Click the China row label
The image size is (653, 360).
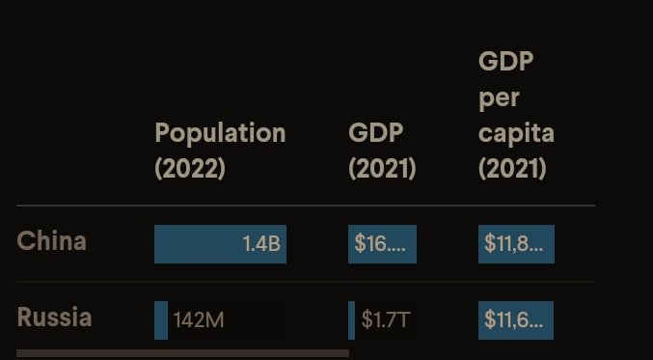pos(52,241)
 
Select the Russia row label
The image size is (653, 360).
pos(54,318)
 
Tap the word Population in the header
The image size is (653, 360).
pos(220,134)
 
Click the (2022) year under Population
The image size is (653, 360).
pos(190,169)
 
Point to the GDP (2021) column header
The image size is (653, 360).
pos(382,151)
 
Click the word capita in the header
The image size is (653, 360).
pos(516,134)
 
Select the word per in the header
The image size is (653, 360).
pos(499,98)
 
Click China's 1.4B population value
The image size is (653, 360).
pos(261,244)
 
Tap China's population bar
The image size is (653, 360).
pos(220,244)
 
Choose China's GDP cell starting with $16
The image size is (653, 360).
pos(382,244)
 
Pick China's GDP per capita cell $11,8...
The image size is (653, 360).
pos(516,244)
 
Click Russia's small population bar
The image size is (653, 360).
pos(161,320)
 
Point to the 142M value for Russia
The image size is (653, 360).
pos(199,320)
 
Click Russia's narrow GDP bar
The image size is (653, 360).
pos(351,320)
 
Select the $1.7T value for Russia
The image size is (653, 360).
pos(386,320)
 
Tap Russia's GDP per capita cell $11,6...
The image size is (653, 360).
pos(516,320)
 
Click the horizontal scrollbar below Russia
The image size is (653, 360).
pos(183,353)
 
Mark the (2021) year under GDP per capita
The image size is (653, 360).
pos(512,169)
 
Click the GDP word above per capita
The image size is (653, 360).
pos(506,61)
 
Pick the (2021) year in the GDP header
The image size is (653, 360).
pos(382,169)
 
